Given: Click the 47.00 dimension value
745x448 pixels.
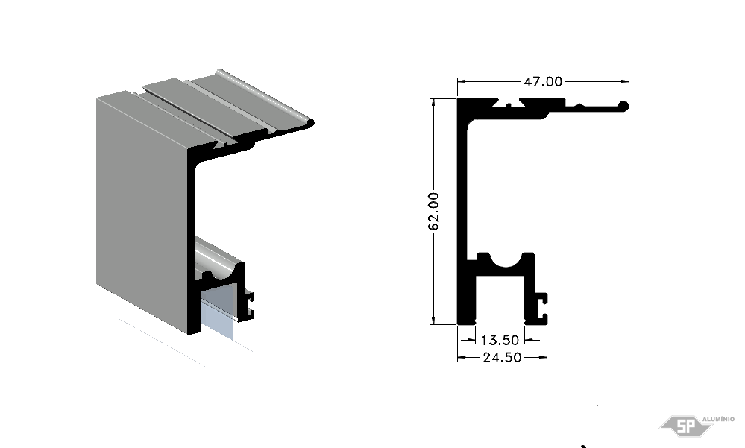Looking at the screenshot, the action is [x=543, y=82].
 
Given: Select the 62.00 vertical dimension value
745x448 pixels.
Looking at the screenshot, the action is [x=433, y=212].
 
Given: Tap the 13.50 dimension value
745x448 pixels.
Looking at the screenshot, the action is [x=500, y=340].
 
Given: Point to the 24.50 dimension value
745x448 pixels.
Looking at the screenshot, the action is [x=502, y=357].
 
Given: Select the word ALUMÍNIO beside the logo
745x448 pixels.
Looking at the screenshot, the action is [x=718, y=419].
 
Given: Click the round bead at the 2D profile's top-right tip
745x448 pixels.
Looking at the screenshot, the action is [x=624, y=105].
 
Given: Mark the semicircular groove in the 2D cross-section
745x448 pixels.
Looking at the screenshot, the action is [x=506, y=259].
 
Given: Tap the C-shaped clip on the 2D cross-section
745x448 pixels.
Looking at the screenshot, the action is [x=541, y=308].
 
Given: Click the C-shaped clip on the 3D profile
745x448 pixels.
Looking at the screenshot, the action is [x=248, y=305].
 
